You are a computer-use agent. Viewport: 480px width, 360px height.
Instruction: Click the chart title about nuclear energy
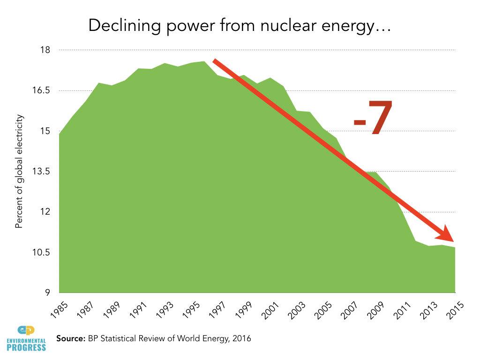240,26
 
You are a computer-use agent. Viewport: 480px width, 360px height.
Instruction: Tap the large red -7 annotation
373,118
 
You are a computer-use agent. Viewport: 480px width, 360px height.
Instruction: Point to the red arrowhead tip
454,241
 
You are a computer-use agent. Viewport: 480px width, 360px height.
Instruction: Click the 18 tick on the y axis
45,50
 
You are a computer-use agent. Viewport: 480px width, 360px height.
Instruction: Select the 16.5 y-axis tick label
41,90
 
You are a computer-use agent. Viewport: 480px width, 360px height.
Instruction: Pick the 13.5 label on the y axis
41,172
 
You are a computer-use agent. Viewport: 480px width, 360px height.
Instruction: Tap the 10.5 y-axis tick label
41,253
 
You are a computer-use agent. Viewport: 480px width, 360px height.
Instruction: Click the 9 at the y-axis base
47,292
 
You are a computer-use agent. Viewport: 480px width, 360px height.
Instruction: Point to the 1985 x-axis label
60,310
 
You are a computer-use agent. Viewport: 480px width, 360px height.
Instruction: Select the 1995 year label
191,310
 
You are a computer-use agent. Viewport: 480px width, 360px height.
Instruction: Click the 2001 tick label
270,310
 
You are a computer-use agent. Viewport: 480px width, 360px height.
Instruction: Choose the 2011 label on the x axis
403,310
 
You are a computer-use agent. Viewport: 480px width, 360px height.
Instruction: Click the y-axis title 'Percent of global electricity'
19,172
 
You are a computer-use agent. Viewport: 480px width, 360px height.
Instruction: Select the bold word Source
71,338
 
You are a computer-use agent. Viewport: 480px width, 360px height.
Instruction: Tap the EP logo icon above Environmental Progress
26,330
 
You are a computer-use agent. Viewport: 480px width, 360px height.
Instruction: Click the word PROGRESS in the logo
26,347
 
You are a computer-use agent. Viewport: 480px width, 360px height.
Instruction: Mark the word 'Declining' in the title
125,26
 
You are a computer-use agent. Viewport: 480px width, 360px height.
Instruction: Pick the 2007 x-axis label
350,310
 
